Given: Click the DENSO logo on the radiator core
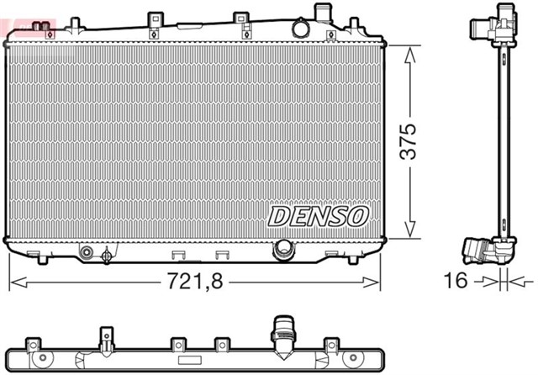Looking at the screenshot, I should [319, 216].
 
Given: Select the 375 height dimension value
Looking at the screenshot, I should [408, 143].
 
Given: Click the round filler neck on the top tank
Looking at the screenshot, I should [301, 28].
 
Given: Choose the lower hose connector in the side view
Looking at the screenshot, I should [479, 251].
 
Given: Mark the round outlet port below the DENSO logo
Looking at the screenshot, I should [283, 249].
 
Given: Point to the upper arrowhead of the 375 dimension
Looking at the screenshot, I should [409, 52].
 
